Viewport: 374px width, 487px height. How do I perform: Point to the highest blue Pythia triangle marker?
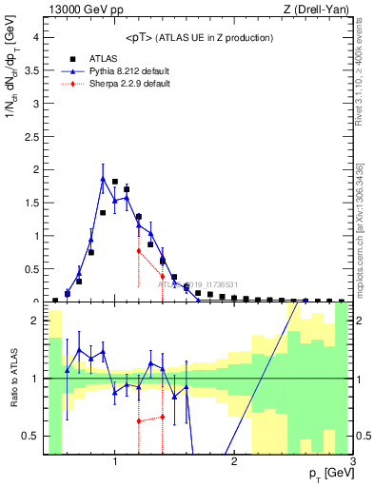pyautogui.click(x=103, y=178)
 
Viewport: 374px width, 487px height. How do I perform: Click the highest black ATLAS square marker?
pyautogui.click(x=114, y=182)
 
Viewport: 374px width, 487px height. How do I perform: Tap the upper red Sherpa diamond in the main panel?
pyautogui.click(x=138, y=250)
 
